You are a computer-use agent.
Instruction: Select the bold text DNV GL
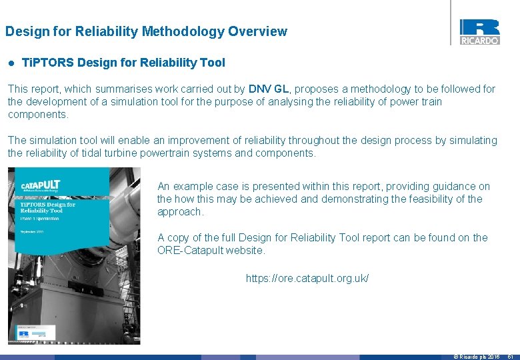(x=269, y=89)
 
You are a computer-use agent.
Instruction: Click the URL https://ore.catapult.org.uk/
(x=307, y=278)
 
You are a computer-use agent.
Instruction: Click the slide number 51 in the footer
(x=511, y=357)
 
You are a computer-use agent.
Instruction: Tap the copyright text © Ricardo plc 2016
(x=476, y=357)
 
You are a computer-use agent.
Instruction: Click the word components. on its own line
(x=37, y=115)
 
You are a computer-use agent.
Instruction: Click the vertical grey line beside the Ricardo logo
(x=451, y=23)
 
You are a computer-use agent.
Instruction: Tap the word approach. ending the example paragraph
(x=180, y=212)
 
